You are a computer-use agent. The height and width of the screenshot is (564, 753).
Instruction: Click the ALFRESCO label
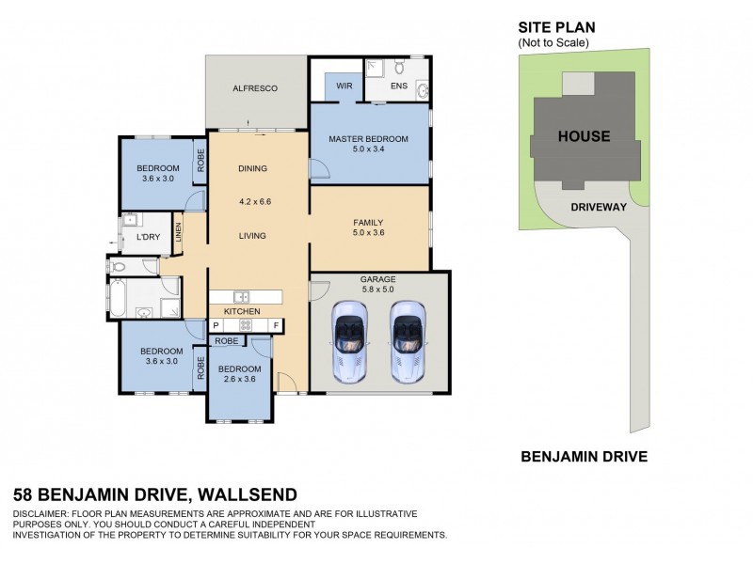(x=255, y=88)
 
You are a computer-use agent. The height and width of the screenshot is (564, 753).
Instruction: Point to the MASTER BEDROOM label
(x=368, y=140)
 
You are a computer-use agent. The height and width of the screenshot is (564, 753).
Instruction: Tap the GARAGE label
(x=378, y=279)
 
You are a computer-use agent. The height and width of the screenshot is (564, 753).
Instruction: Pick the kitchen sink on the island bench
(x=241, y=297)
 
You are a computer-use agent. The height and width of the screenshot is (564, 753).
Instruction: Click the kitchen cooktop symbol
(x=246, y=325)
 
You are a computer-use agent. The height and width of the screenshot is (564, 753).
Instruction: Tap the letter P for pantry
(x=216, y=325)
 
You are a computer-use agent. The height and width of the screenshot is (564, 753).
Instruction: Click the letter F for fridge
(x=276, y=325)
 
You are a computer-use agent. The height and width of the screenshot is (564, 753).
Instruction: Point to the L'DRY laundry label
(x=148, y=237)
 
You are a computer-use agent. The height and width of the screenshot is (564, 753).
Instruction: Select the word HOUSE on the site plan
(x=584, y=136)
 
